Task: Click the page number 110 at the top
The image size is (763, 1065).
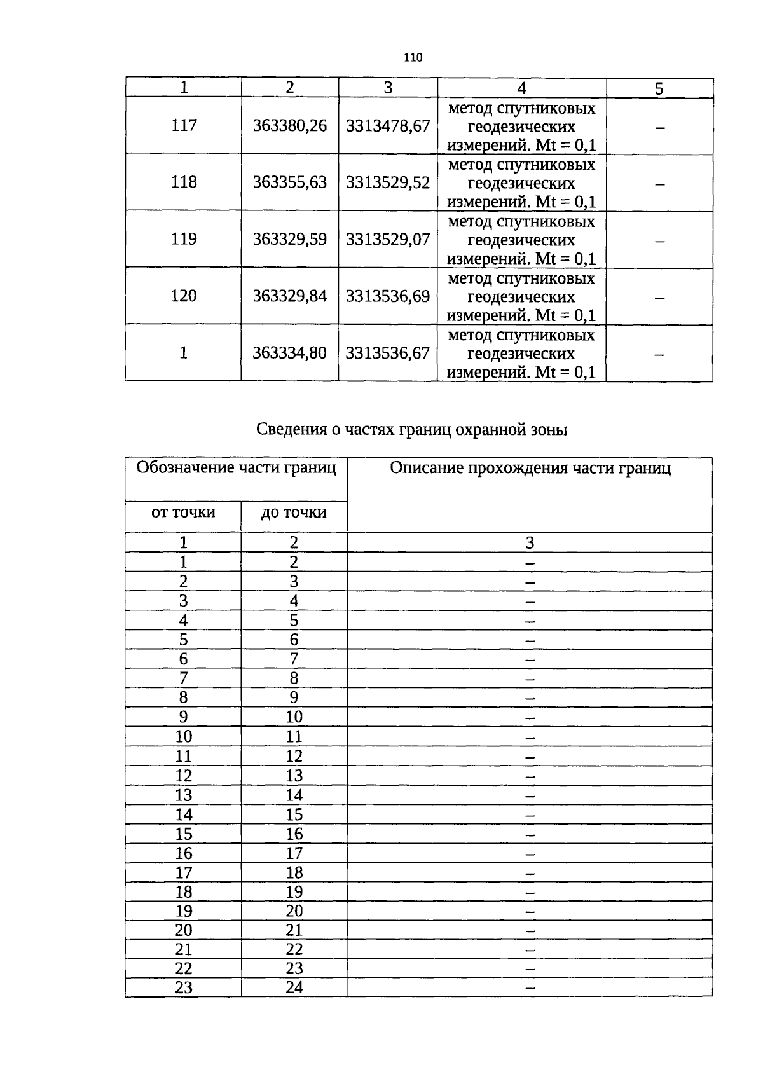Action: (413, 58)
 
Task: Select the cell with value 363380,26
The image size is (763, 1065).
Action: (290, 126)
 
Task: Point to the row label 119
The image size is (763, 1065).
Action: (184, 240)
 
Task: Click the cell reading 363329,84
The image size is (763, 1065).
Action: (290, 296)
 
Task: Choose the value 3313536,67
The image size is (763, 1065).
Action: (388, 353)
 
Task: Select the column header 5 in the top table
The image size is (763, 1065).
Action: (659, 88)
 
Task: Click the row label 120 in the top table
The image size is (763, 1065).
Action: (184, 296)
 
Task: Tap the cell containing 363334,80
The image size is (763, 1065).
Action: (290, 353)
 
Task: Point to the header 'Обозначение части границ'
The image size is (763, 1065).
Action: (237, 469)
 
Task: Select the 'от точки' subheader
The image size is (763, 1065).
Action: (183, 512)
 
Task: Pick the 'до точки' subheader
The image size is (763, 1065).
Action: (294, 512)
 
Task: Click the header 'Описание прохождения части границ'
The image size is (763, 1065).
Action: (530, 469)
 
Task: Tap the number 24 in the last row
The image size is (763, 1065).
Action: (294, 987)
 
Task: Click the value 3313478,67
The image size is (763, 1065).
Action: (388, 126)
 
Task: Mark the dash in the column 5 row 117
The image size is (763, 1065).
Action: (660, 128)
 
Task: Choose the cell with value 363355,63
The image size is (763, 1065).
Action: (290, 182)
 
